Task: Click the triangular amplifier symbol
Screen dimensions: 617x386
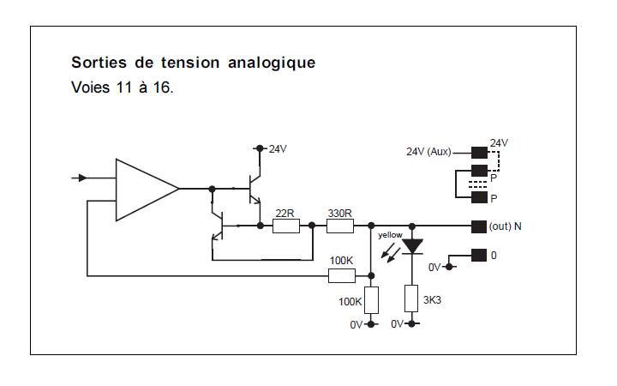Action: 147,190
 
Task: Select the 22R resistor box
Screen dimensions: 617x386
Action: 286,226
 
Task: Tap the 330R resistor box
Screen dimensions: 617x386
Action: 340,226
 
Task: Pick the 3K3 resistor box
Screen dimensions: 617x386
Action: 411,299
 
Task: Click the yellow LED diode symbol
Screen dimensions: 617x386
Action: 412,246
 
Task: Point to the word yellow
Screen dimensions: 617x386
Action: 390,235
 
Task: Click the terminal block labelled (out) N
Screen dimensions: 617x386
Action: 479,226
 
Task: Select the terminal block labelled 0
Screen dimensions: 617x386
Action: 479,256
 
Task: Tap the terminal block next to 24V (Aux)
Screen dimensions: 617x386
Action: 479,153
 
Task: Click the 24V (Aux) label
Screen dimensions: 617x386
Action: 428,152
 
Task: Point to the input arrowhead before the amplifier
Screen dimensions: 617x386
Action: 82,178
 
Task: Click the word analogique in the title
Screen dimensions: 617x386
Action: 272,63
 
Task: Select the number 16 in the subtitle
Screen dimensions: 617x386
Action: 161,87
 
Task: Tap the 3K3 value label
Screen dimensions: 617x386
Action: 432,300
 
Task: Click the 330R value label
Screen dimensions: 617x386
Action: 339,213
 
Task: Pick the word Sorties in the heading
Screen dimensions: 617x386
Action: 99,63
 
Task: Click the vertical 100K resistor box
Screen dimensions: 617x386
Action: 371,300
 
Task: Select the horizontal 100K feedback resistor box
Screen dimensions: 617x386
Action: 342,275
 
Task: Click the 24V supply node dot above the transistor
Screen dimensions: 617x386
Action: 260,148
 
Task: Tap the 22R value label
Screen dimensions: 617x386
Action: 285,213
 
